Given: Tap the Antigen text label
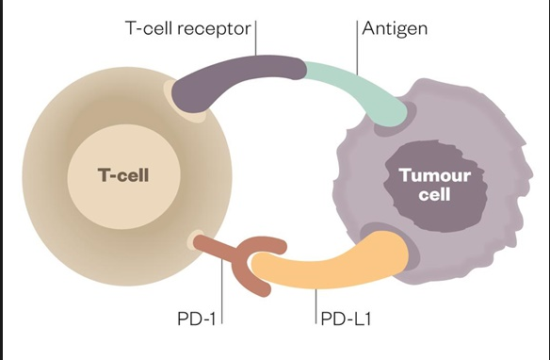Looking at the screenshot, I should [x=396, y=28].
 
